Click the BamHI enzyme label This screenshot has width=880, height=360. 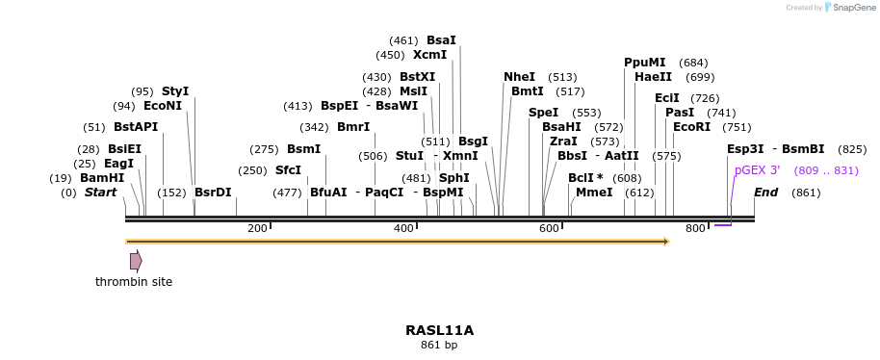tap(102, 178)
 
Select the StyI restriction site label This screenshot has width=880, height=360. tap(175, 91)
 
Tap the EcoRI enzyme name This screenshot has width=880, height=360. tap(691, 127)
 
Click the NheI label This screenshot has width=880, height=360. tap(519, 77)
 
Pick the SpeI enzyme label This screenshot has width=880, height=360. tap(543, 113)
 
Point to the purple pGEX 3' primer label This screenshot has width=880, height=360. tap(757, 170)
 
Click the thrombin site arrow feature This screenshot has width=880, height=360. tap(136, 261)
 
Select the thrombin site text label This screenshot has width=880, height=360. tap(134, 282)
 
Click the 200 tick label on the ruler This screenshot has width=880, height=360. tap(257, 228)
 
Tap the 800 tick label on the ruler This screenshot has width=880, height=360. tap(695, 228)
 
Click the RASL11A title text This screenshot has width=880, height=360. tap(439, 330)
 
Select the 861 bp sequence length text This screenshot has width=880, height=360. tap(439, 345)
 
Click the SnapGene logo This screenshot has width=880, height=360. tap(844, 8)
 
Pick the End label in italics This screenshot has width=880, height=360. tap(765, 193)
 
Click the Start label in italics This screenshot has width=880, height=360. tap(100, 193)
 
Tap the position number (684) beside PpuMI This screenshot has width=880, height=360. tap(693, 63)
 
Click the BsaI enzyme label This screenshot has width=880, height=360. tap(441, 40)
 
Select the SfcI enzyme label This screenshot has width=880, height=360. tap(288, 170)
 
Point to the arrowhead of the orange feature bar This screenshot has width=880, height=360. tap(665, 242)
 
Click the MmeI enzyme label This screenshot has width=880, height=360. tap(594, 193)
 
